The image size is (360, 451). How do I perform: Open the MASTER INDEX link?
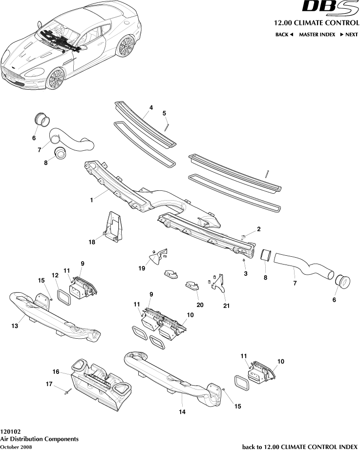click(x=317, y=35)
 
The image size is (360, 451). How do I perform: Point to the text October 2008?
click(x=16, y=447)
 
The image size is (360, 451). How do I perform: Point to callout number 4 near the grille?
click(x=151, y=107)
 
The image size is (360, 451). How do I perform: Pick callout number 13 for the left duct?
click(x=15, y=326)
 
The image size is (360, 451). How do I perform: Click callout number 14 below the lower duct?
click(x=182, y=411)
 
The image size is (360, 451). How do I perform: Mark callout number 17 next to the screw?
click(x=49, y=384)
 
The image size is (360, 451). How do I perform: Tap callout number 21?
click(x=226, y=306)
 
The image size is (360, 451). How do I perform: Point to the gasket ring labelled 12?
click(x=64, y=296)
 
